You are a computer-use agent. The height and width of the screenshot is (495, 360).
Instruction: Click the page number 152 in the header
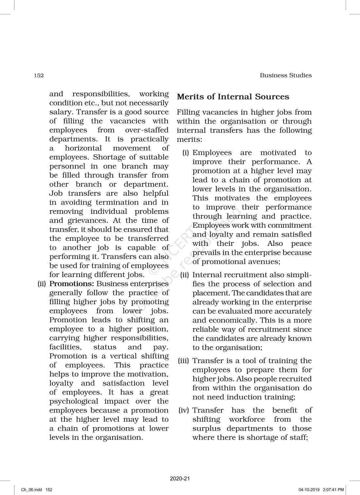point(39,75)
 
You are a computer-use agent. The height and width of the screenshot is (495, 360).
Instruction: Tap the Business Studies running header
point(286,75)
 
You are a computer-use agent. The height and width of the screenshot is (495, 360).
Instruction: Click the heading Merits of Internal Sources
point(233,97)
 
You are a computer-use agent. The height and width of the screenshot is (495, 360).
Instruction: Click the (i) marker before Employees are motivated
point(186,153)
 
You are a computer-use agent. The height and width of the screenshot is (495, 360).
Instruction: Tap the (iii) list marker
point(184,361)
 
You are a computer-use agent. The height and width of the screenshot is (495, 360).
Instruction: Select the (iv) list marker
point(184,410)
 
